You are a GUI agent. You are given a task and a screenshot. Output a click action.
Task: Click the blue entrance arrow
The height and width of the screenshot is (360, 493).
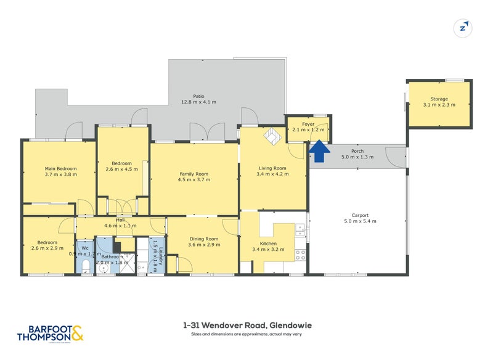coord(319,149)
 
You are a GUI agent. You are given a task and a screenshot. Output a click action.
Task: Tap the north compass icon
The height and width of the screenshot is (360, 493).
coord(462,27)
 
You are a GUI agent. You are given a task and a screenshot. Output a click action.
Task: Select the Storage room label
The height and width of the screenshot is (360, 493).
coord(439,99)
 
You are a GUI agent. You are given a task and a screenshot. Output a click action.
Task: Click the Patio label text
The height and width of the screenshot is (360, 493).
coord(198,96)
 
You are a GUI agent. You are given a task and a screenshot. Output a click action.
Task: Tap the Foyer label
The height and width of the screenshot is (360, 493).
coord(308,124)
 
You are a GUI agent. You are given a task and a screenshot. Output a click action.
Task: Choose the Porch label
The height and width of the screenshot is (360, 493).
coord(357,151)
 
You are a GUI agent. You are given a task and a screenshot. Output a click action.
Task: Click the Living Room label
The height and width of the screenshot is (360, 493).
coord(272,168)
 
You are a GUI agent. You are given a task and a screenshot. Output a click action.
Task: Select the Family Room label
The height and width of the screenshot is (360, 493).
coord(194,174)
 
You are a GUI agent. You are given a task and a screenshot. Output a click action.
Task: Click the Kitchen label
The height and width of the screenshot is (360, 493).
coord(268,244)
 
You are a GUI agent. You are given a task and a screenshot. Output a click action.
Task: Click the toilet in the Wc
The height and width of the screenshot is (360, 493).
coord(86,266)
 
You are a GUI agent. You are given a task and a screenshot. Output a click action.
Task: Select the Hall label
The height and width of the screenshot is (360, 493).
coord(111,219)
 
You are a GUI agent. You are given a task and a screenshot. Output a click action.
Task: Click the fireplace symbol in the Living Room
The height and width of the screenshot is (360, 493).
coord(272,135)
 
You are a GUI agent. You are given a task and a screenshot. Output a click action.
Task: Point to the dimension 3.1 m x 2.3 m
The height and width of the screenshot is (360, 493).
coord(439,105)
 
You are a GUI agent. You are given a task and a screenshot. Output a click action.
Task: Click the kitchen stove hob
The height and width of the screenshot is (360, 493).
coord(300,253)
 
